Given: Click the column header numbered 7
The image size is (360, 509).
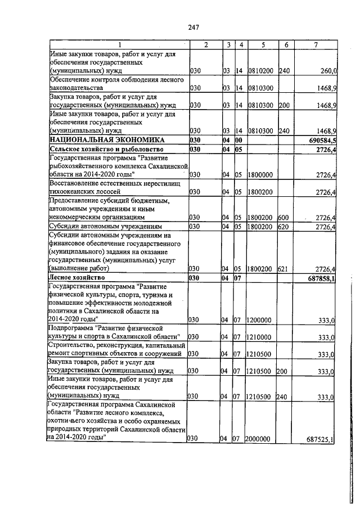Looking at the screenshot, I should click(x=318, y=45).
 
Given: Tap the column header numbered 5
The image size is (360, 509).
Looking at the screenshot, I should click(x=262, y=45).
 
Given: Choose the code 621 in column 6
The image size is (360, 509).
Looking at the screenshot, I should click(x=282, y=269).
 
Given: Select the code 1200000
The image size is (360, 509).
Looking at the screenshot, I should click(x=260, y=319).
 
